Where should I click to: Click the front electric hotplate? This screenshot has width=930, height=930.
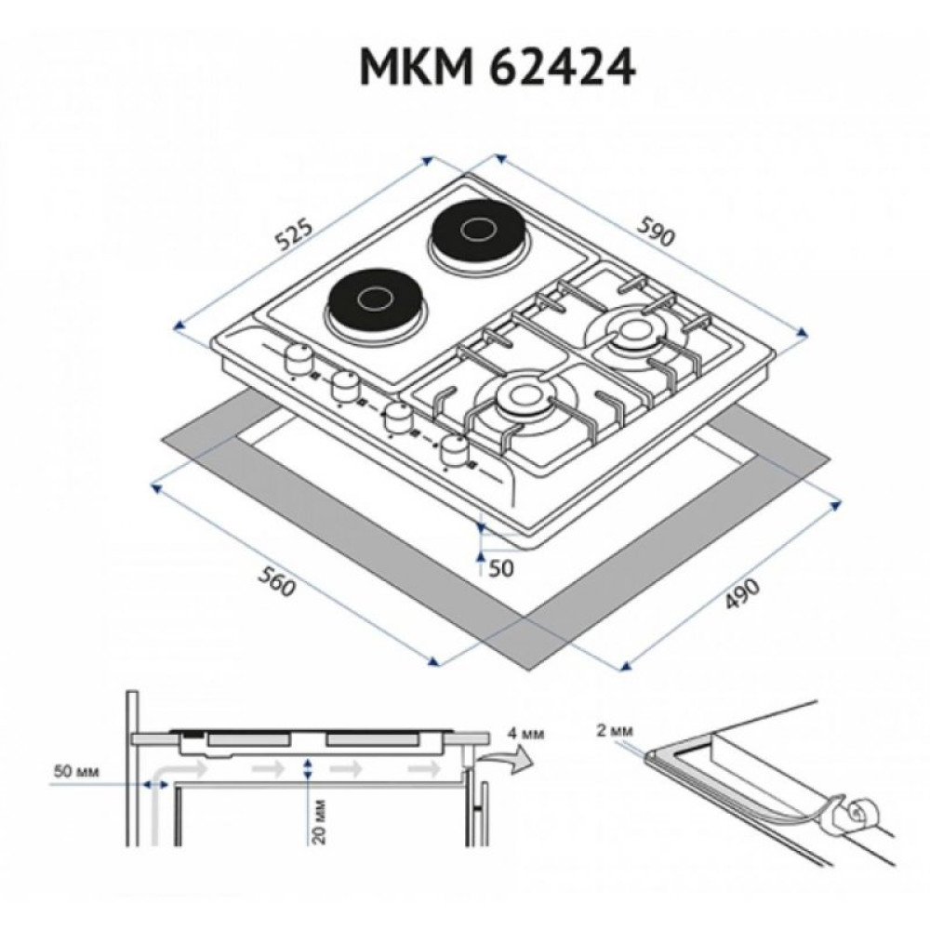click(374, 299)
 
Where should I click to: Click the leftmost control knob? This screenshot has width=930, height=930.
click(298, 357)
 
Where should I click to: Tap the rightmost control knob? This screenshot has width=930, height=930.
click(455, 450)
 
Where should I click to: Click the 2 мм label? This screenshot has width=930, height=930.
click(615, 731)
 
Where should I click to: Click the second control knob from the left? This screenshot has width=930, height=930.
click(347, 383)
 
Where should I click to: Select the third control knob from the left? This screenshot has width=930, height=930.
click(400, 416)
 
